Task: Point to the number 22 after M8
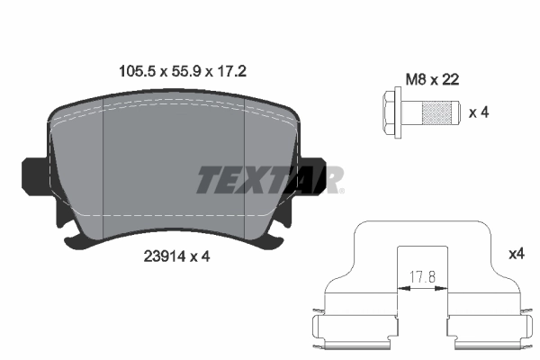tap(450, 79)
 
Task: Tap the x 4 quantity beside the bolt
tap(479, 113)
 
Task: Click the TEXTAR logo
tap(270, 180)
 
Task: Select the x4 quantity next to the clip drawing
tap(517, 255)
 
